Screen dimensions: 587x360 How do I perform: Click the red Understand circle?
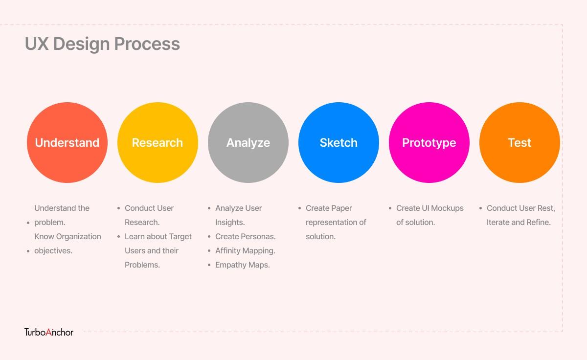67,142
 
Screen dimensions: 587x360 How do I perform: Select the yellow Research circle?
158,142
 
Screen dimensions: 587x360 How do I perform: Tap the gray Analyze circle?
248,142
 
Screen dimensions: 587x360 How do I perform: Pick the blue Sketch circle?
339,142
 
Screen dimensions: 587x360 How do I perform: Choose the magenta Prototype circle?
429,142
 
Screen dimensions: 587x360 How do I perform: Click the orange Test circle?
519,142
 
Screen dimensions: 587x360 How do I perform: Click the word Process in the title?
147,44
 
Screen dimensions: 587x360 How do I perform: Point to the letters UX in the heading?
37,44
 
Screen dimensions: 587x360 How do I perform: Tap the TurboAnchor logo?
49,332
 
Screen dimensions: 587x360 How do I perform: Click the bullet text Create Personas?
245,236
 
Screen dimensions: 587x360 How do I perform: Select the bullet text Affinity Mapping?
245,251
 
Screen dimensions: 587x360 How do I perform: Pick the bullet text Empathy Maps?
243,265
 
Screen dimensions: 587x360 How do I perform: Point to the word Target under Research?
181,237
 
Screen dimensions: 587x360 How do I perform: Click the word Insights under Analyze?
230,223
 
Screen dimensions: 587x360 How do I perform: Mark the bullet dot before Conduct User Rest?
480,208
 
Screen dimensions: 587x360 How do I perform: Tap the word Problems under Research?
142,265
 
